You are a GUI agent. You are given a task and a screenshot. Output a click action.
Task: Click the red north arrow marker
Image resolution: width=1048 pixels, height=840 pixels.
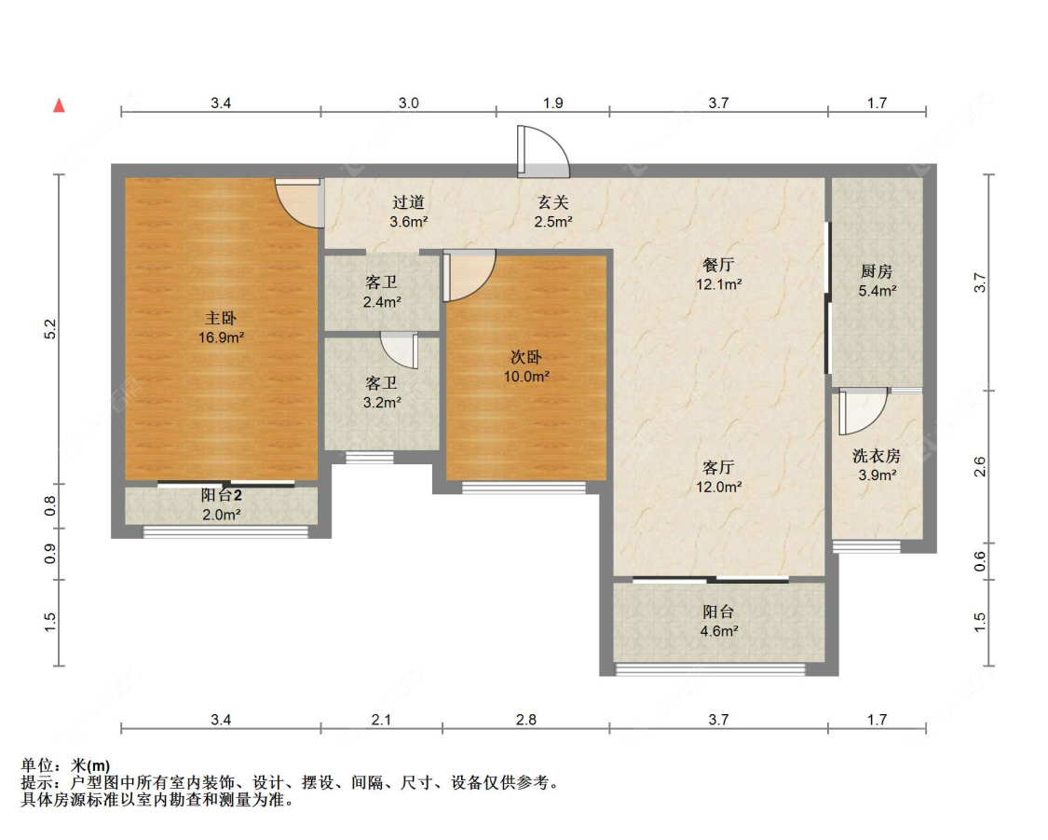[x=60, y=105]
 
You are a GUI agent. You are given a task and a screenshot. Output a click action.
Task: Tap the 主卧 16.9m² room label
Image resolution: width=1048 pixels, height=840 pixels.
[x=221, y=328]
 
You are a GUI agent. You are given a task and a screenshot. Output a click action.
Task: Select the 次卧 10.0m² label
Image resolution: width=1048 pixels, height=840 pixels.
[x=526, y=366]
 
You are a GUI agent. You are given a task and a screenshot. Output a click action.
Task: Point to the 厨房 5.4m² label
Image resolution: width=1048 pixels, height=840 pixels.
[x=877, y=281]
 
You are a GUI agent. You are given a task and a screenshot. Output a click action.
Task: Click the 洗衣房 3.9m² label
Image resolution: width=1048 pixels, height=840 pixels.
[x=877, y=465]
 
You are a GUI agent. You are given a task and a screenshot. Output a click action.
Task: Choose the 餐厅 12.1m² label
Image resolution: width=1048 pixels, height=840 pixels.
[x=718, y=274]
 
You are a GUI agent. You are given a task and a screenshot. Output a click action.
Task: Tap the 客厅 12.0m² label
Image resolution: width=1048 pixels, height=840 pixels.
[x=718, y=476]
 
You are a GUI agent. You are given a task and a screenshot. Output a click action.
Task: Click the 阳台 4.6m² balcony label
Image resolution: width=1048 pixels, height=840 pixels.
[x=718, y=621]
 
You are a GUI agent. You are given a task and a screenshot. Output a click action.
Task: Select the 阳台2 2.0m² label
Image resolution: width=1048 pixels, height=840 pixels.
[x=221, y=505]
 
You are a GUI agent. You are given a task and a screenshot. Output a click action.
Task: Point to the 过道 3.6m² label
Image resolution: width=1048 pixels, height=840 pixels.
[x=408, y=212]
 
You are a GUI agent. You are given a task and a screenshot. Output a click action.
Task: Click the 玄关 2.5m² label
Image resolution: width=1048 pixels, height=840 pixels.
[x=552, y=212]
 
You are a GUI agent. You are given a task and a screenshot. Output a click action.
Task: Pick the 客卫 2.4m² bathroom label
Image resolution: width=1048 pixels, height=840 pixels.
[x=382, y=292]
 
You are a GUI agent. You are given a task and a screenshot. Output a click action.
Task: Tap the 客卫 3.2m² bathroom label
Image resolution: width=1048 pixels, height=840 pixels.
[x=382, y=392]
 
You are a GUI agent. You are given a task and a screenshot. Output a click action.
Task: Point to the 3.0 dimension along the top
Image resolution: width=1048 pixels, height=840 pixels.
[x=408, y=103]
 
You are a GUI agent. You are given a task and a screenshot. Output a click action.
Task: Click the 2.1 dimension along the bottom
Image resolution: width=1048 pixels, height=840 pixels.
[x=381, y=720]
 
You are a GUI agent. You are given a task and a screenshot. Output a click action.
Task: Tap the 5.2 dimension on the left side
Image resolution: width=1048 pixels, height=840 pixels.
[x=50, y=329]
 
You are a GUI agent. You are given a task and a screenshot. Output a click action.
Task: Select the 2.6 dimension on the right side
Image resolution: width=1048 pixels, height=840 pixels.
[x=980, y=466]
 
